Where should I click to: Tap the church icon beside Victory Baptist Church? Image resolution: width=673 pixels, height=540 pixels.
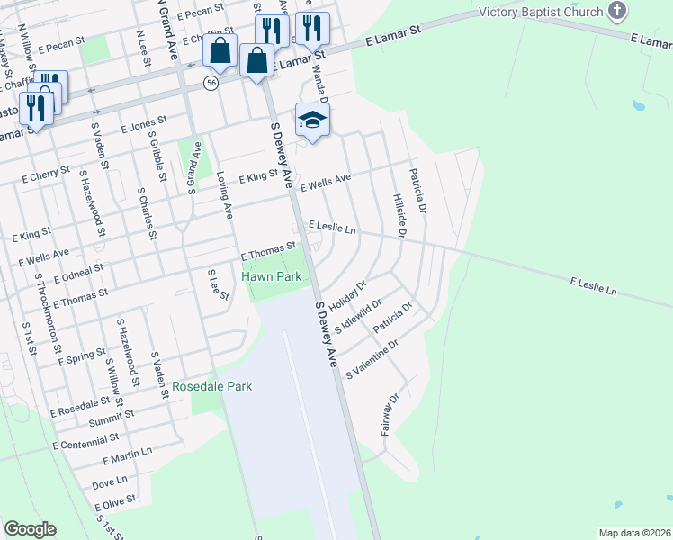(x=616, y=11)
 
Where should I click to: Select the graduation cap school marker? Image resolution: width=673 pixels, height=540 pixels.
(x=312, y=121)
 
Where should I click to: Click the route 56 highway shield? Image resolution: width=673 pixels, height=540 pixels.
(x=211, y=82)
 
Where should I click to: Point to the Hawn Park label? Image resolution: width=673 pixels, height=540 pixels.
(x=271, y=277)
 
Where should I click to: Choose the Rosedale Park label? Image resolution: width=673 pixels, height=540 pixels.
(x=212, y=386)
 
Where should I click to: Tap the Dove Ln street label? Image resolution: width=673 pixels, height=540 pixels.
(x=110, y=482)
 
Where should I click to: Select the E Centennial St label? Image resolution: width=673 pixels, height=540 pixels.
(x=85, y=440)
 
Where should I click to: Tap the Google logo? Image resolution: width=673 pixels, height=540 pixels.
(x=30, y=529)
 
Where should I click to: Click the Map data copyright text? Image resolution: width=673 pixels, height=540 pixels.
(x=633, y=533)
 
